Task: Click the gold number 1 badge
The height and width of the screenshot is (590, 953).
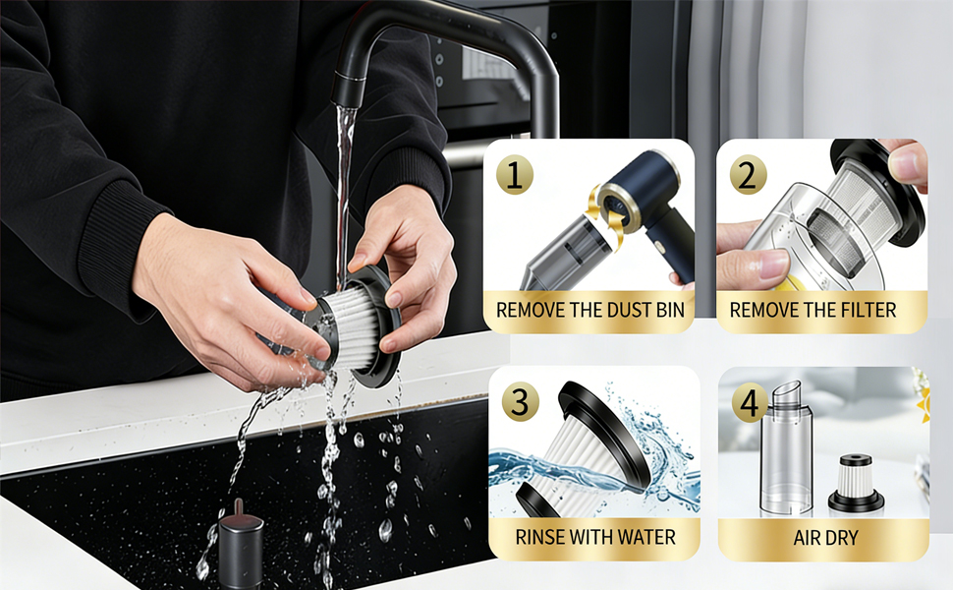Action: [514, 176]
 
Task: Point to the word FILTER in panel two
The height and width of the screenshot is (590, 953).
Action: [866, 311]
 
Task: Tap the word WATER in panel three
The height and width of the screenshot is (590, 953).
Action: [645, 538]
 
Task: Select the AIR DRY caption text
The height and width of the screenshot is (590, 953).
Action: [824, 538]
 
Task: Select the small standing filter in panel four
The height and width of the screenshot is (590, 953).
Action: [856, 484]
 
